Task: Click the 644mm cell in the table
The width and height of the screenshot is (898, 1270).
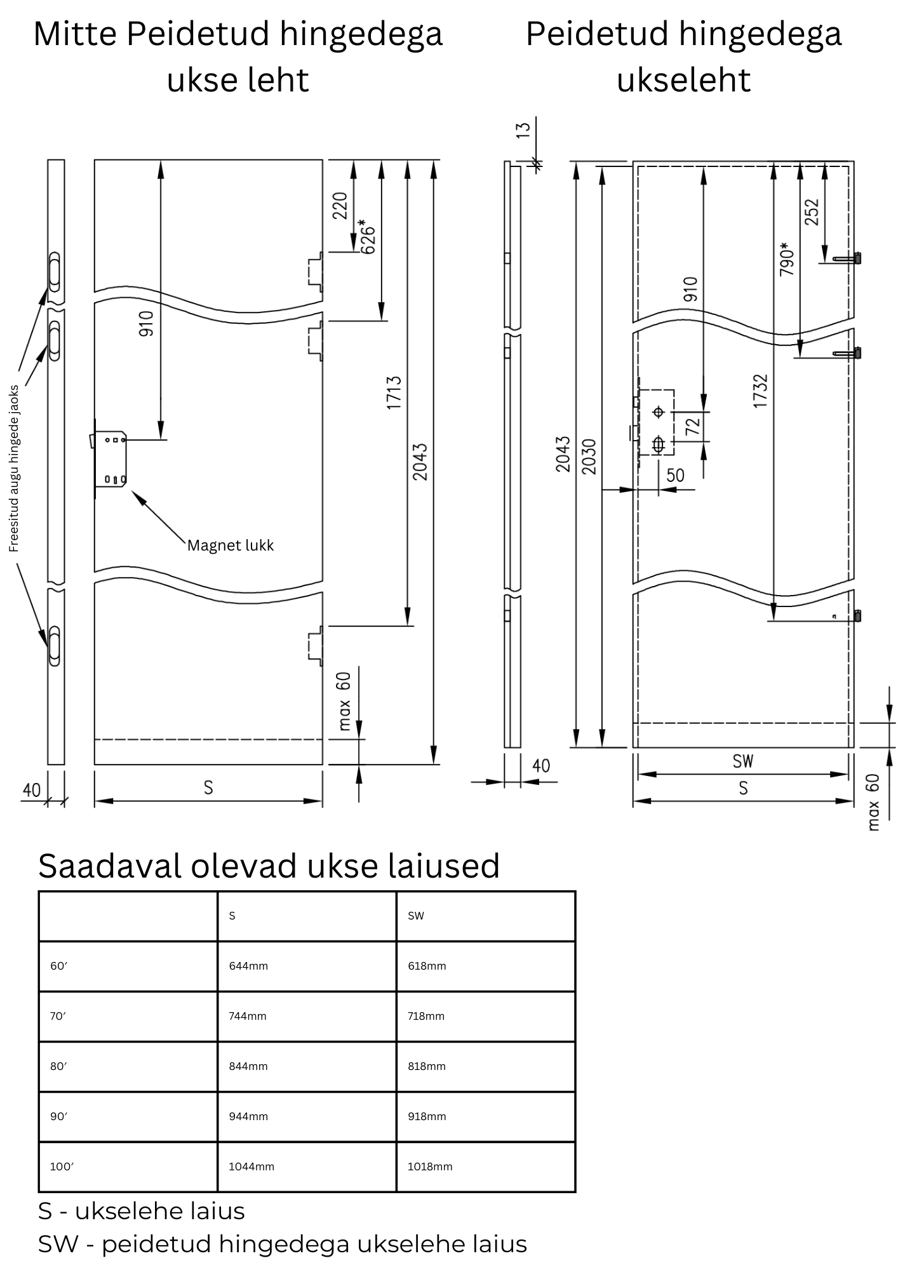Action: coord(248,966)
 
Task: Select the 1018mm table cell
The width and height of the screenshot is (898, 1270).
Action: coord(430,1166)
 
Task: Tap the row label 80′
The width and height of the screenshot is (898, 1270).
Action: coord(58,1066)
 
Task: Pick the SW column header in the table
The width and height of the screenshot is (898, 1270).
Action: coord(416,916)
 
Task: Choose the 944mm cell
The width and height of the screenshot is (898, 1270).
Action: coord(248,1116)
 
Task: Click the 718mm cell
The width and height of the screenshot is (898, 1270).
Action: coord(426,1016)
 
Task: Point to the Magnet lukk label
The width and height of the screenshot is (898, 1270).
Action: coord(231,545)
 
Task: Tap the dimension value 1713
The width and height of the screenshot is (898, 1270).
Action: coord(394,392)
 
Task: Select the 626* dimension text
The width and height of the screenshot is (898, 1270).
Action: coord(368,236)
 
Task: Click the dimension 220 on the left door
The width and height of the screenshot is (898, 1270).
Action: coord(340,206)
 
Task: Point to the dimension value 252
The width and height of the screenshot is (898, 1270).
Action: coord(812,212)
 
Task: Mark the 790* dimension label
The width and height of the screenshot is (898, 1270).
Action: coord(787,258)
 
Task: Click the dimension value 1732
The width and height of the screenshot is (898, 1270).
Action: coord(760,391)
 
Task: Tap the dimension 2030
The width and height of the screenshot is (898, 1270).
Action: coord(589,456)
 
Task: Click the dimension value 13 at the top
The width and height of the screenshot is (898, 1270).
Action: coord(523,129)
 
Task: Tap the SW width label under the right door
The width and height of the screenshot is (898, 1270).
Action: coord(742,761)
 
